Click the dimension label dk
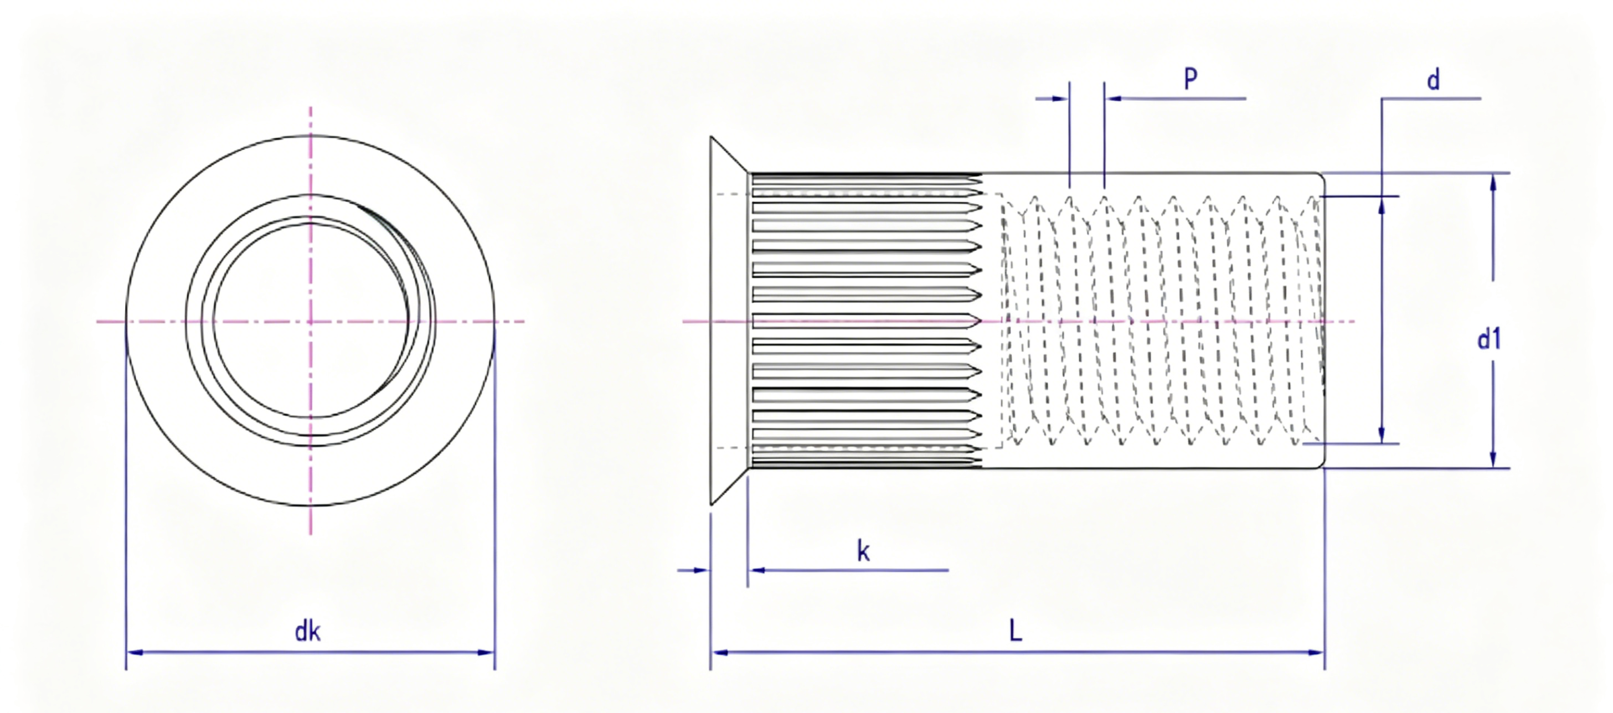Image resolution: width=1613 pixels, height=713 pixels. [x=307, y=632]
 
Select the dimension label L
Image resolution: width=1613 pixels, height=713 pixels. [x=1016, y=631]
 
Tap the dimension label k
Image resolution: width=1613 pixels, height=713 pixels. [x=863, y=551]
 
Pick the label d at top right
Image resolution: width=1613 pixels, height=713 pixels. [x=1432, y=80]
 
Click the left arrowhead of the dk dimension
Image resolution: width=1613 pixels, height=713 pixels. [x=135, y=652]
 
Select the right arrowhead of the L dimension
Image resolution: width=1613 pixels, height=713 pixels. [x=1316, y=652]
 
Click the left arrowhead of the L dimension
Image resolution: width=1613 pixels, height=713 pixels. [x=719, y=652]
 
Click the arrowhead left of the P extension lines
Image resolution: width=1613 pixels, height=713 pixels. [x=1061, y=99]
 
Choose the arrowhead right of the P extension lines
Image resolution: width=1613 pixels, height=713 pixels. [x=1112, y=99]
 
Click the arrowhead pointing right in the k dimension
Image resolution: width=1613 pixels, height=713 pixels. [x=702, y=570]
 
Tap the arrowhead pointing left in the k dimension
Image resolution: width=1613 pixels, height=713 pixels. [x=756, y=570]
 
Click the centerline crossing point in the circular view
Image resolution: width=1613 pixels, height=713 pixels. [x=311, y=321]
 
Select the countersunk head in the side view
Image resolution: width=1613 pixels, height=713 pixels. [x=729, y=320]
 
